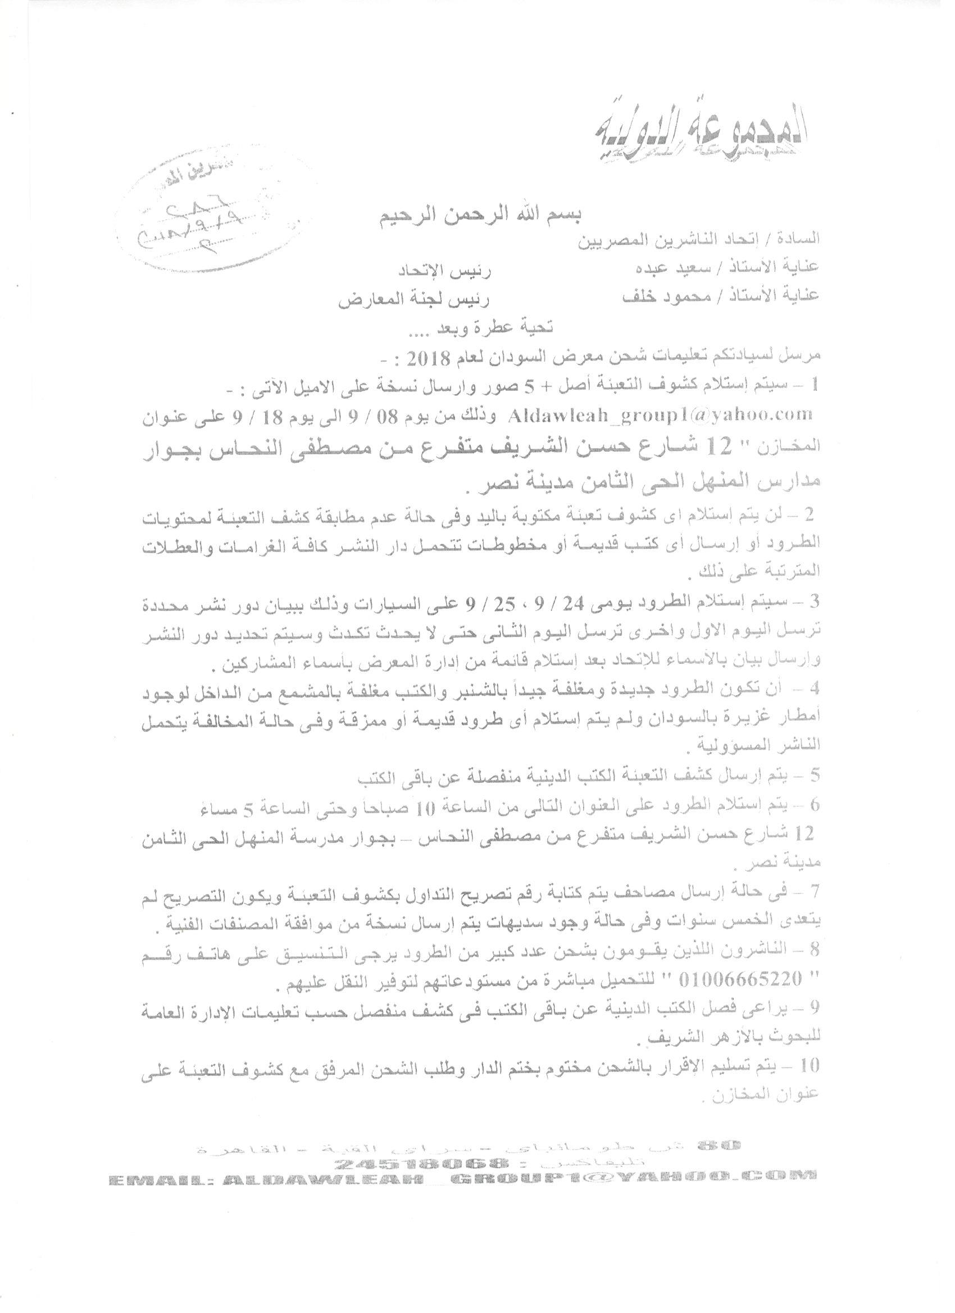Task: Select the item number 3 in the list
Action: (x=817, y=601)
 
